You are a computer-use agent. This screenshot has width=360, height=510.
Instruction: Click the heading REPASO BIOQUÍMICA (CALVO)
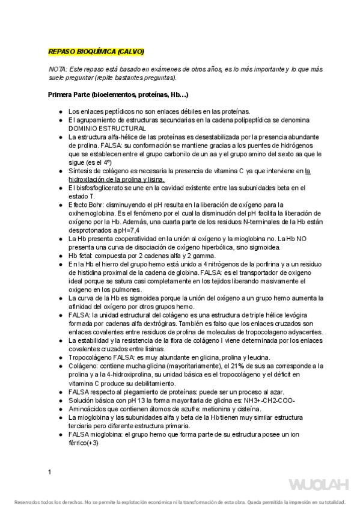pos(96,52)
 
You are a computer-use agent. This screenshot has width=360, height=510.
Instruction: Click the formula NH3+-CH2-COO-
pos(264,400)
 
